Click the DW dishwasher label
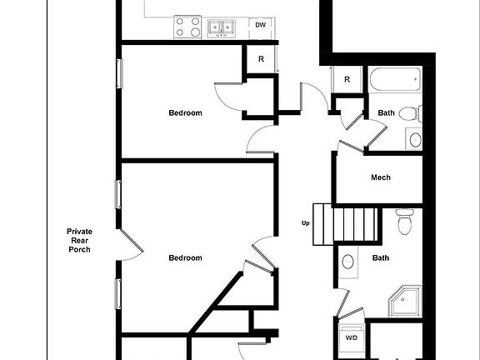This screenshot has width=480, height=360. click(261, 26)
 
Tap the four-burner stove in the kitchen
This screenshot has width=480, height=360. click(187, 27)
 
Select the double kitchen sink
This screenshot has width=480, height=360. click(220, 27)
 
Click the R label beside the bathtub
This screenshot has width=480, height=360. click(347, 80)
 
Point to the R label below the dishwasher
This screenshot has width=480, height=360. click(261, 59)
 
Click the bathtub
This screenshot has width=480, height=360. click(394, 82)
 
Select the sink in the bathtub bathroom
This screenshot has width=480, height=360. click(414, 138)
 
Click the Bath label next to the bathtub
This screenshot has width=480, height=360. click(387, 113)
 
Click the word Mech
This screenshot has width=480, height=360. click(381, 177)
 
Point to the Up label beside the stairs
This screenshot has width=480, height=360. click(306, 223)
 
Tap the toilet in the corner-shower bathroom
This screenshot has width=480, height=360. click(406, 222)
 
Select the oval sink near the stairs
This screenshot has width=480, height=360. click(347, 262)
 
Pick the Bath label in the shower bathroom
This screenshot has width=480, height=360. click(381, 258)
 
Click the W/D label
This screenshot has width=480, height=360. click(352, 337)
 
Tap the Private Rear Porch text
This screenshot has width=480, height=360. click(80, 240)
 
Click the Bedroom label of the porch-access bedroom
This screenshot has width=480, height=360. click(185, 258)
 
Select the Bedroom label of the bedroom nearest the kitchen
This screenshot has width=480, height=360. click(185, 113)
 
